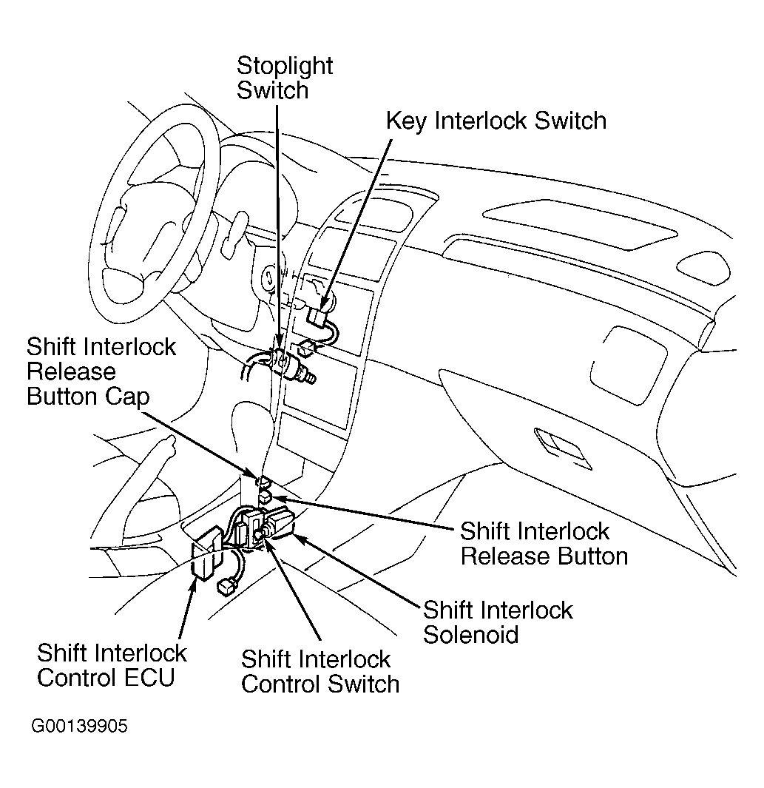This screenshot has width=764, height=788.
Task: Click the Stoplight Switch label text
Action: [x=285, y=78]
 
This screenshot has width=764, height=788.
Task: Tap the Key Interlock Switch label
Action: [x=496, y=121]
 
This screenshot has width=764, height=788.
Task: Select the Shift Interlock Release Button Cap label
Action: [x=101, y=371]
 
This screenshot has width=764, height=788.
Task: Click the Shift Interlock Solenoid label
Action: [x=498, y=622]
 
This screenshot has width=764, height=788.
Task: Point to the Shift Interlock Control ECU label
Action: [x=112, y=665]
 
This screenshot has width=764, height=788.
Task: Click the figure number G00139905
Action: [x=79, y=727]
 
